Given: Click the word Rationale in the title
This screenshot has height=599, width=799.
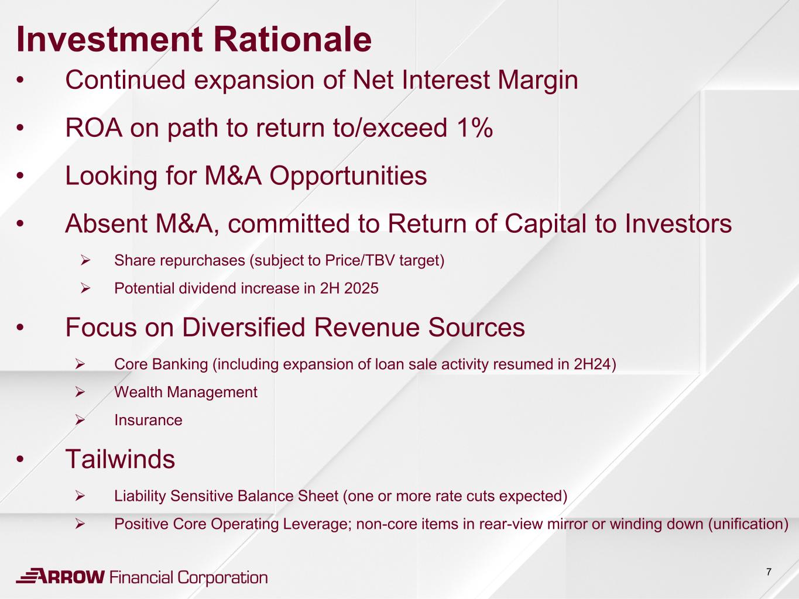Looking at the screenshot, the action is coord(292,39).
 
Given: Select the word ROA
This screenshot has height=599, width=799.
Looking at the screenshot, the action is coord(94,128).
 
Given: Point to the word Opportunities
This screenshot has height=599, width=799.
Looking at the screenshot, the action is coord(348,177).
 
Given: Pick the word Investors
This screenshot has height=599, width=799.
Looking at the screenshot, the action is coord(678,223).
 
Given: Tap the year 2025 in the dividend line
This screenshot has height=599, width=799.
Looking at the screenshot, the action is coord(362,288).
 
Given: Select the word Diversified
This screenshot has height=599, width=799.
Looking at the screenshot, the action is coord(244,327).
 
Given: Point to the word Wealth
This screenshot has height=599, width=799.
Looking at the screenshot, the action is coord(138,392).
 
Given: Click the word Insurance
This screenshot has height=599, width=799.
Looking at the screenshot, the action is coord(148,420).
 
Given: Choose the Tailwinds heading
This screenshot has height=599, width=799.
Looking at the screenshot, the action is coord(120,459).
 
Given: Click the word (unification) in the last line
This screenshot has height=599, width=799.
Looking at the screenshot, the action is coord(748,524).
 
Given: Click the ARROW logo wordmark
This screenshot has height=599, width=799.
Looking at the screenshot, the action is coord(60,576).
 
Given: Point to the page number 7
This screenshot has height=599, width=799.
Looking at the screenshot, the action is coord(769,572).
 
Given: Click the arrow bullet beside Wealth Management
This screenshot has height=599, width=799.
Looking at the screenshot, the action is coord(80,392).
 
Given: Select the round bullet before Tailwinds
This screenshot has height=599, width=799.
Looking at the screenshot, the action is coord(20,459).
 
